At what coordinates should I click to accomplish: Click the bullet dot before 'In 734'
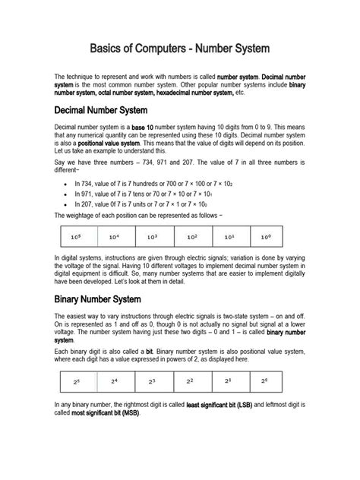pos(68,184)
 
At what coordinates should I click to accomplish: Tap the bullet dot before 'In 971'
pos(68,194)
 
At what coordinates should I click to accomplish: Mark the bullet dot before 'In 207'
pos(68,204)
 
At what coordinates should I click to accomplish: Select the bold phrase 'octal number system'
pos(131,92)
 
